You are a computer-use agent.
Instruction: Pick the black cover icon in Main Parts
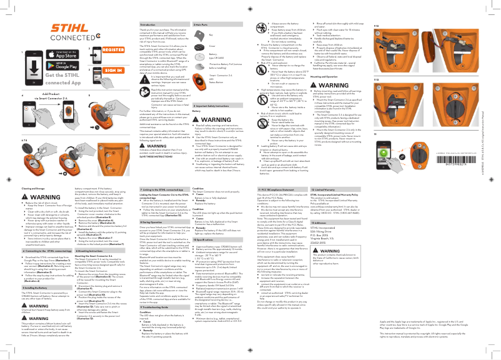(x=202, y=46)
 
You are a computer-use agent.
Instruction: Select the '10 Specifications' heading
(x=211, y=238)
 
